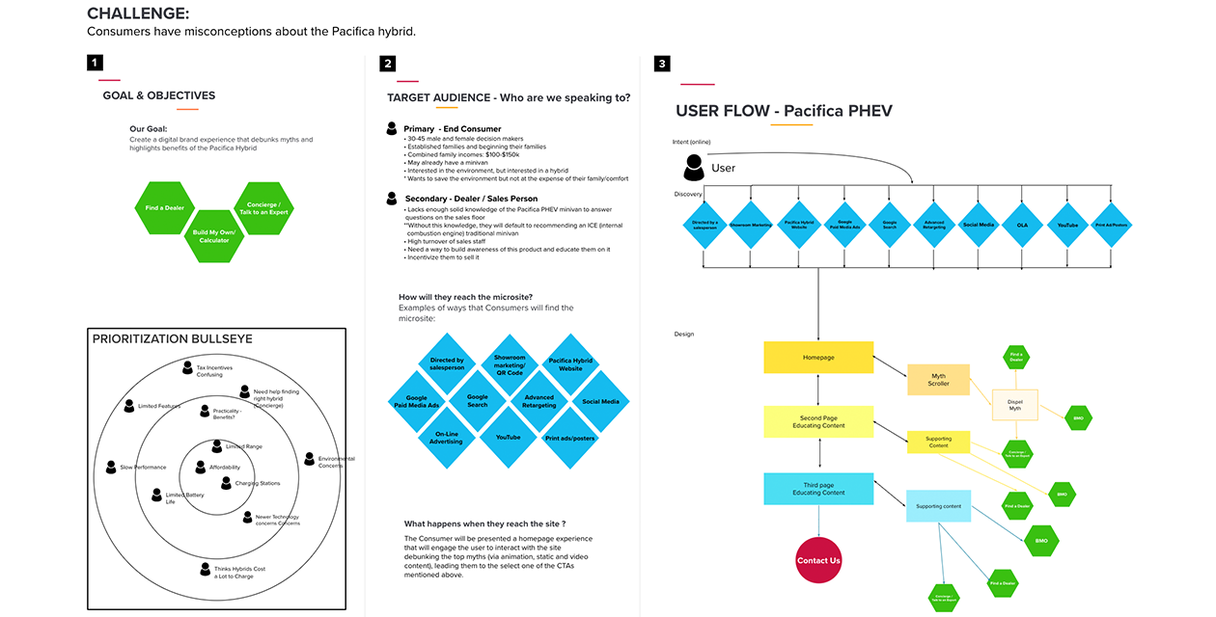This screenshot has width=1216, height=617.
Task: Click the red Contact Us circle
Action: [818, 559]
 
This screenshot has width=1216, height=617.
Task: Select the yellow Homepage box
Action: [818, 358]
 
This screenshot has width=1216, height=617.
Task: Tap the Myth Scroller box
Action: [938, 379]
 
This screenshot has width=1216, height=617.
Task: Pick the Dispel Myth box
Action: [1014, 403]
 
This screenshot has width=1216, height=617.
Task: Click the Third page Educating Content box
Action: [818, 489]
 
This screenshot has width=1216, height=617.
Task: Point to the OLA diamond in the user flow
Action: [1021, 225]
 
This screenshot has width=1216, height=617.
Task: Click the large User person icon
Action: [693, 168]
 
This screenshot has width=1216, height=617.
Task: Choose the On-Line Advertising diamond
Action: [447, 437]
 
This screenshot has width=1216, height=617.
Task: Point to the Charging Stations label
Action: [257, 483]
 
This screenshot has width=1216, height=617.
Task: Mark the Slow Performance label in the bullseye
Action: [142, 467]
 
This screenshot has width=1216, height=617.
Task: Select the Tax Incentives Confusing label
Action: [215, 370]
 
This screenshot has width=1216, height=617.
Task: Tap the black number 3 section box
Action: [661, 64]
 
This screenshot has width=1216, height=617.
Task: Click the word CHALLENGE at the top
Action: [138, 13]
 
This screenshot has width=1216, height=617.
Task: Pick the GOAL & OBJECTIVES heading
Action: [159, 95]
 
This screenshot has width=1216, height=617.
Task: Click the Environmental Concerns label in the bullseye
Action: [335, 462]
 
